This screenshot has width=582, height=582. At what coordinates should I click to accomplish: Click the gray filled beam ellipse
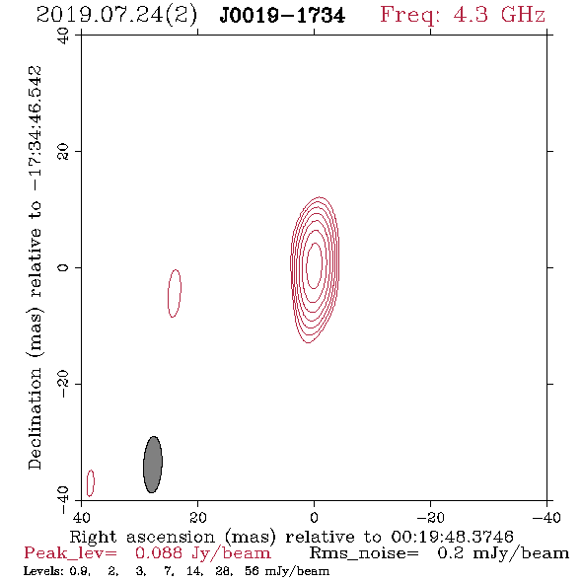tap(153, 465)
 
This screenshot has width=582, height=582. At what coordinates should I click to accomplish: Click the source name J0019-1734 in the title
tap(282, 16)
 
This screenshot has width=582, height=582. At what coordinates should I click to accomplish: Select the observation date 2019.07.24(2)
tap(116, 16)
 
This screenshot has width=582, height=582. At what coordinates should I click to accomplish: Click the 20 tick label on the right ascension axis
tap(197, 517)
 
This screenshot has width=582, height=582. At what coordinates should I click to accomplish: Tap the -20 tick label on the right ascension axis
tap(430, 517)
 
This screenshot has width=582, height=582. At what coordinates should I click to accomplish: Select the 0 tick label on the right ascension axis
tap(314, 517)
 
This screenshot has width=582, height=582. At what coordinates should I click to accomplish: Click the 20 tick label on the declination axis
tap(63, 152)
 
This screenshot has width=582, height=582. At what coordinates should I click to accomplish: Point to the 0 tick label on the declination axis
tap(63, 267)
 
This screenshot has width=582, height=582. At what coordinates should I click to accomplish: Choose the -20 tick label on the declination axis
tap(63, 384)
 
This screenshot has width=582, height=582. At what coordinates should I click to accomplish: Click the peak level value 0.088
tap(159, 553)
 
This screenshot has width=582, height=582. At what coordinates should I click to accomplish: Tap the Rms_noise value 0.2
tap(450, 553)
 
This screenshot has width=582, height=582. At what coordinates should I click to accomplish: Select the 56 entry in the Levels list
tap(252, 571)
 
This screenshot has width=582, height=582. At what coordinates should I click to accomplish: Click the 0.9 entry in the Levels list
tap(79, 571)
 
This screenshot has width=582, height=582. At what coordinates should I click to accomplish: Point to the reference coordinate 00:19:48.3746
tap(452, 537)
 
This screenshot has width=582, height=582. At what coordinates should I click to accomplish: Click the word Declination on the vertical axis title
tap(35, 419)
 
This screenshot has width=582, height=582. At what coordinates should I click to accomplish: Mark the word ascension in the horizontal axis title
tap(171, 537)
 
